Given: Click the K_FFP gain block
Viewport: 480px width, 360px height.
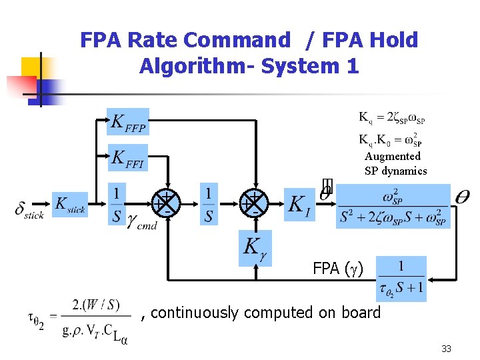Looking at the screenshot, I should pyautogui.click(x=129, y=122).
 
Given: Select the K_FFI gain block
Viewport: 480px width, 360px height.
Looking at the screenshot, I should pyautogui.click(x=129, y=158).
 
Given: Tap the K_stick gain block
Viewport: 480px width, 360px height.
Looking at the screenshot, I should pyautogui.click(x=70, y=205).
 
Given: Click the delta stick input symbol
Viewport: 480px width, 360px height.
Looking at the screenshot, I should pyautogui.click(x=28, y=209).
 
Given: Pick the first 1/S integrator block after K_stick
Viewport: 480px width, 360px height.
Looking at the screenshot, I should pyautogui.click(x=117, y=203).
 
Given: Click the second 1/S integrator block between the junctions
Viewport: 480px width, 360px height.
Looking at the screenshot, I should pyautogui.click(x=209, y=203).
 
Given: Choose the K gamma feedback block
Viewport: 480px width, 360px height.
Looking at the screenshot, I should pyautogui.click(x=255, y=248).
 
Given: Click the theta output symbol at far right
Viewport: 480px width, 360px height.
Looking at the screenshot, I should pyautogui.click(x=462, y=197).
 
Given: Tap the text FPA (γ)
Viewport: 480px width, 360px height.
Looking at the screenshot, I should pyautogui.click(x=338, y=269).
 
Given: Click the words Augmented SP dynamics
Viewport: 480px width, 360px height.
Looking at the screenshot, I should pyautogui.click(x=395, y=163).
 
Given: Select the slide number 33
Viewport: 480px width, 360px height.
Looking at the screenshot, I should pyautogui.click(x=446, y=349).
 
